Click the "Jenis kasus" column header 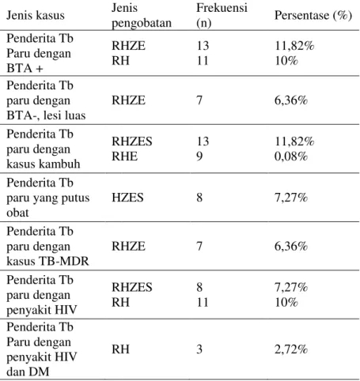pos(36,15)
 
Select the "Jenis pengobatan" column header pos(142,15)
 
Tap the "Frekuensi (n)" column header pos(222,15)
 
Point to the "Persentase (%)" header pos(313,15)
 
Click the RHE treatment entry pos(124,157)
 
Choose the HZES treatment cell pos(127,198)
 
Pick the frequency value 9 pos(199,157)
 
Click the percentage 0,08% pos(291,157)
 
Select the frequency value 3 pos(199,349)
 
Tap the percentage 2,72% pos(291,349)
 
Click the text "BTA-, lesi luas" pos(46,115)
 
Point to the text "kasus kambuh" pos(44,164)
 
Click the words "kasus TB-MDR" pos(47,261)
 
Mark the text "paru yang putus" pos(48,198)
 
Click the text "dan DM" pos(28,372)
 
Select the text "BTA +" pos(25,68)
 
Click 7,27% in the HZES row pos(291,198)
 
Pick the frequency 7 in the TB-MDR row pos(199,246)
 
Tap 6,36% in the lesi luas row pos(291,100)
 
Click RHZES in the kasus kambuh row pos(132,141)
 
